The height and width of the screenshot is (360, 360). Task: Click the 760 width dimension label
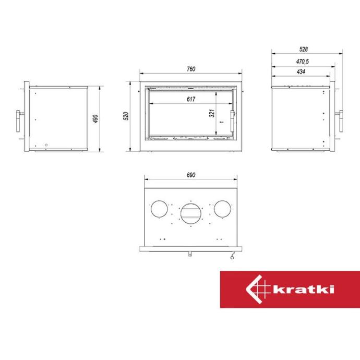click(191, 69)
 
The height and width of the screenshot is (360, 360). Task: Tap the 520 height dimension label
click(126, 116)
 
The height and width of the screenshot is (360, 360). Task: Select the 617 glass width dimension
click(191, 99)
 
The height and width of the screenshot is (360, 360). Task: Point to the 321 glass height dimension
click(212, 113)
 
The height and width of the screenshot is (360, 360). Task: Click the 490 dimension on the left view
click(95, 119)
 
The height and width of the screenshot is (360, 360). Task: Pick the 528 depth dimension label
click(303, 49)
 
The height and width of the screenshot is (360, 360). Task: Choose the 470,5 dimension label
click(303, 62)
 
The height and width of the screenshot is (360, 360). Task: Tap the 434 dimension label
click(301, 72)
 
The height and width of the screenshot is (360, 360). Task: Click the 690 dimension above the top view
click(191, 175)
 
